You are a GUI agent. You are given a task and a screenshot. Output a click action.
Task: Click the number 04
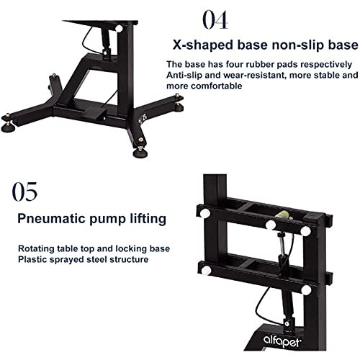coord(215,20)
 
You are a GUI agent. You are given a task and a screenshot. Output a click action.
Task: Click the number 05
coord(24,192)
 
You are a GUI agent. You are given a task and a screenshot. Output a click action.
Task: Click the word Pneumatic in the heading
coord(50,219)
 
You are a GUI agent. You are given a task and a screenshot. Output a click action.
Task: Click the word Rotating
coord(36,248)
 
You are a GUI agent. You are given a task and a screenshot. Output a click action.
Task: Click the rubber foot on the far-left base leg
coord(6,127)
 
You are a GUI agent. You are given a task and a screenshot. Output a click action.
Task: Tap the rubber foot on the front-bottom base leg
coord(140,153)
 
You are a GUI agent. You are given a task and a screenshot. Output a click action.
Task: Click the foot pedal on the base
coord(94,110)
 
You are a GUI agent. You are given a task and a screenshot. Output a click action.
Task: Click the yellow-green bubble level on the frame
coord(282,215)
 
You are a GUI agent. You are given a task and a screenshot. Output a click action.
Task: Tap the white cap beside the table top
coord(119,29)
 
